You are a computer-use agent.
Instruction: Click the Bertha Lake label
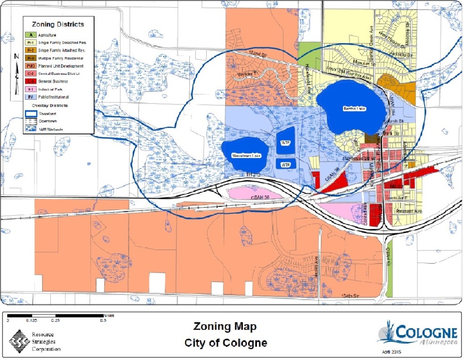tap(353, 109)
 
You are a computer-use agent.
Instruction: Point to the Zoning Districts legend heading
tap(58, 24)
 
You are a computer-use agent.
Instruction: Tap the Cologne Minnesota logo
tap(417, 333)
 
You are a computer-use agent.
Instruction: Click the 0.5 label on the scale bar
tap(103, 320)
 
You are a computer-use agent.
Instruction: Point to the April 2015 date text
tap(391, 352)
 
